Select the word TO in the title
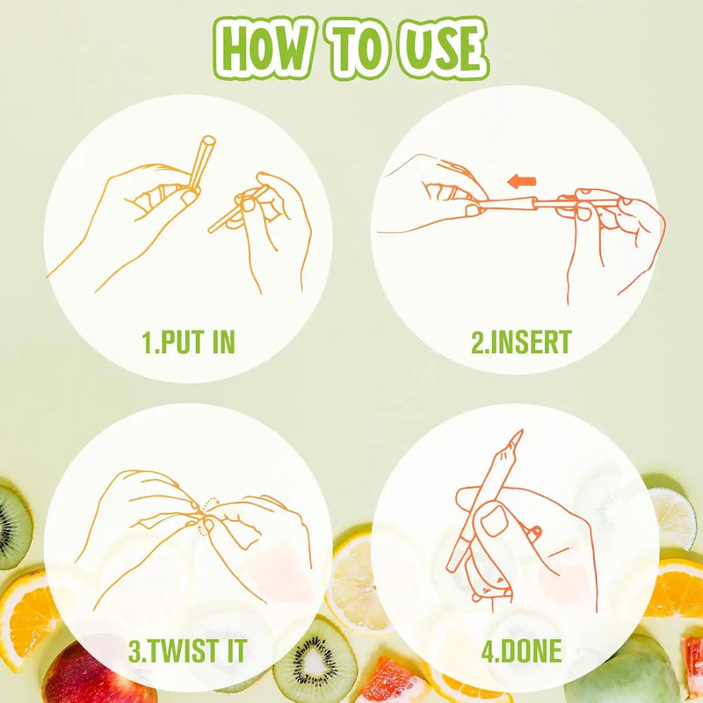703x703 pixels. (x=358, y=48)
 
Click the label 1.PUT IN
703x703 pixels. (x=188, y=342)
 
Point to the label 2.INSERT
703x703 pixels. (x=521, y=342)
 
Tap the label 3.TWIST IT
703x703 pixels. (x=187, y=650)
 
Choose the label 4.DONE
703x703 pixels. (x=521, y=650)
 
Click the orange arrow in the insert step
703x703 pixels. (x=521, y=181)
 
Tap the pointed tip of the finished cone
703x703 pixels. (x=522, y=431)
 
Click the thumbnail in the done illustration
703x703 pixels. (x=494, y=522)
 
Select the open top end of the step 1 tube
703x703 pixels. (x=208, y=141)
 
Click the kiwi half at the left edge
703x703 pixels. (x=13, y=525)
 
